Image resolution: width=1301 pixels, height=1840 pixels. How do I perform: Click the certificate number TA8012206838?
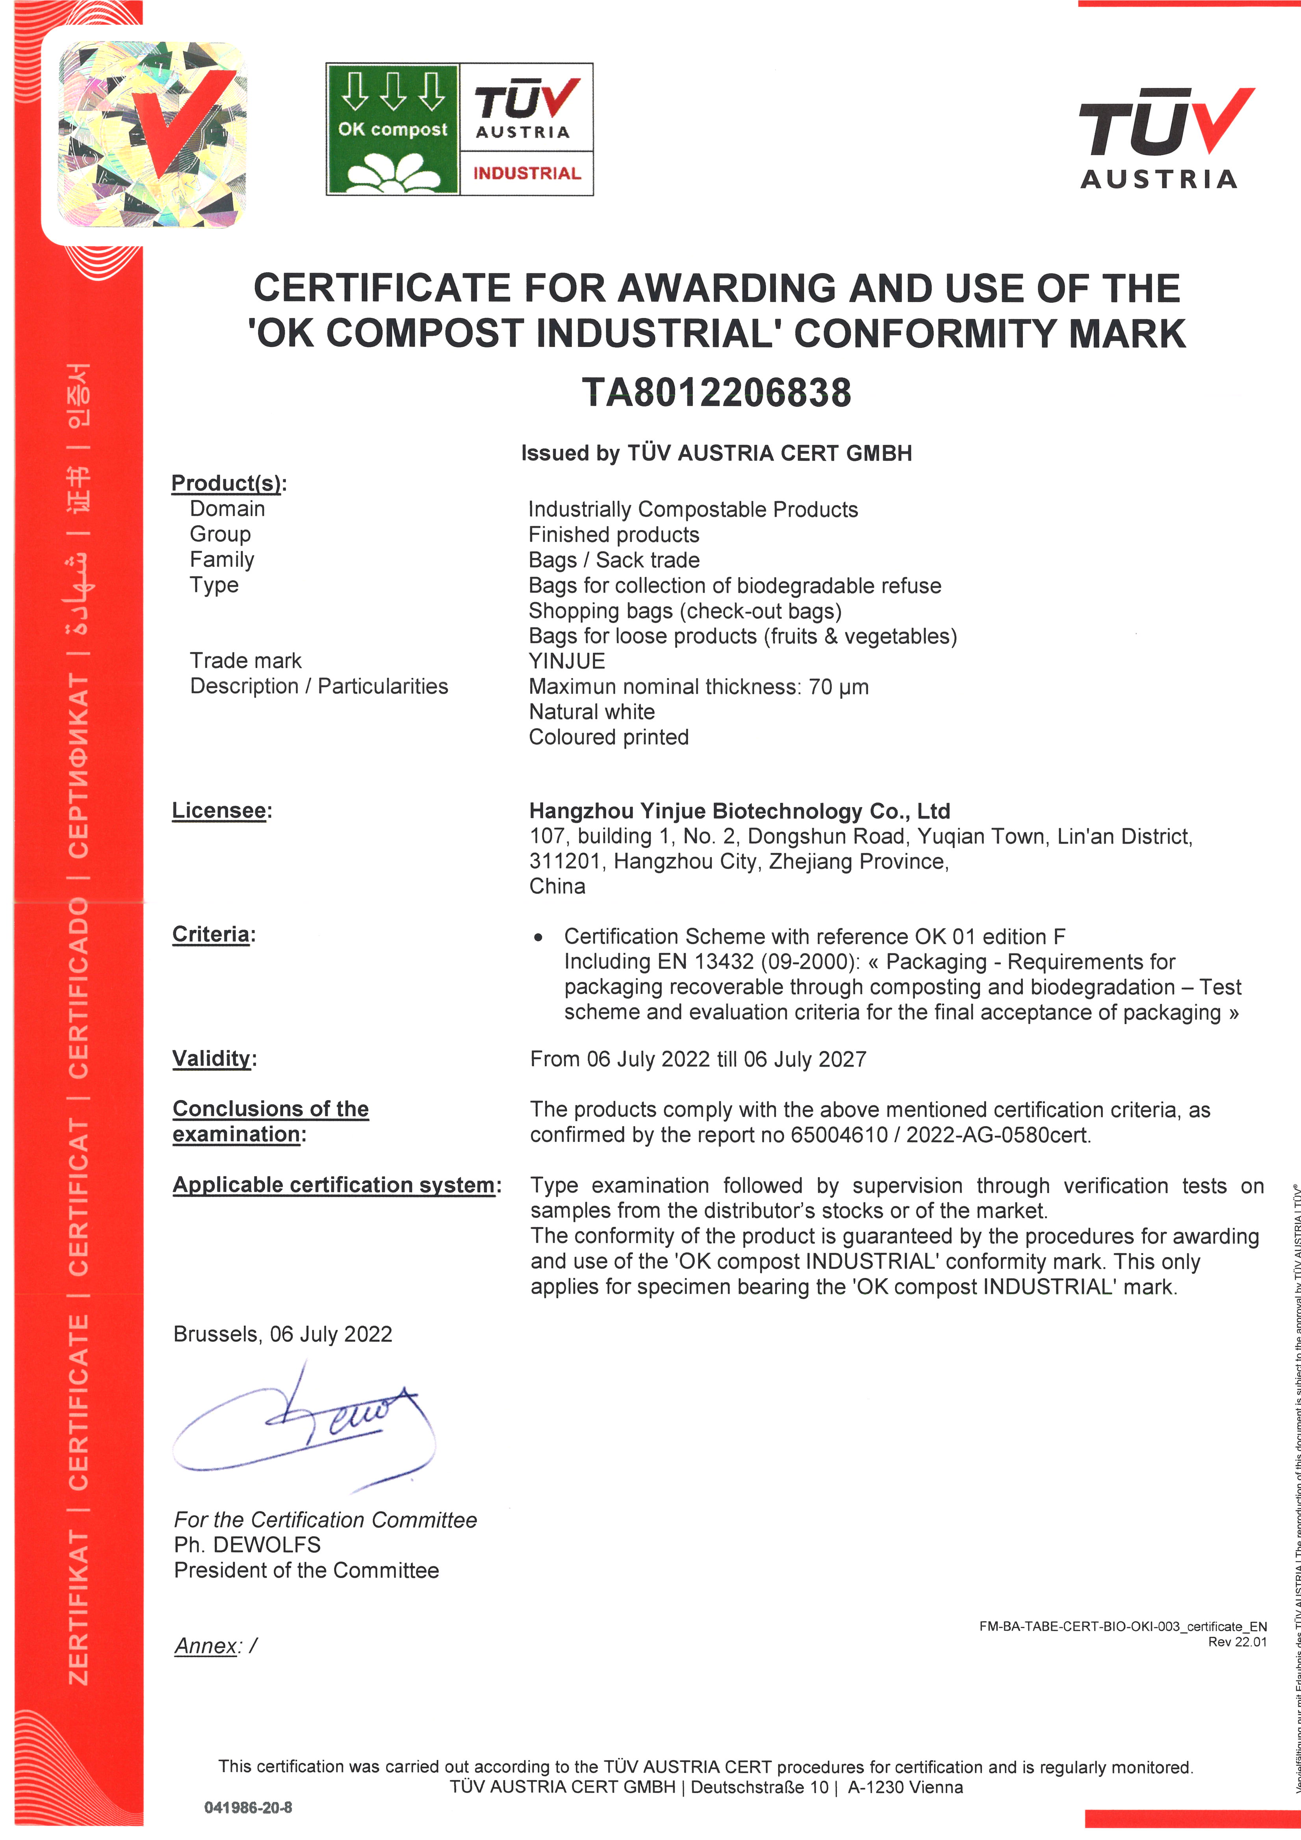pos(716,393)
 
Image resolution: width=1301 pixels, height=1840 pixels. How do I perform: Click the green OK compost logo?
pos(393,129)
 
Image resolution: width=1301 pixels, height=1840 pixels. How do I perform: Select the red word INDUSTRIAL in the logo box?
pos(526,173)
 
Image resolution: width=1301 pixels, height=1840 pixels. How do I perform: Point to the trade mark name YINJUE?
pos(566,661)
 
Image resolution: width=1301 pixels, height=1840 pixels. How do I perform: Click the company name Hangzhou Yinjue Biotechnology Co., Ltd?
pos(739,811)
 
